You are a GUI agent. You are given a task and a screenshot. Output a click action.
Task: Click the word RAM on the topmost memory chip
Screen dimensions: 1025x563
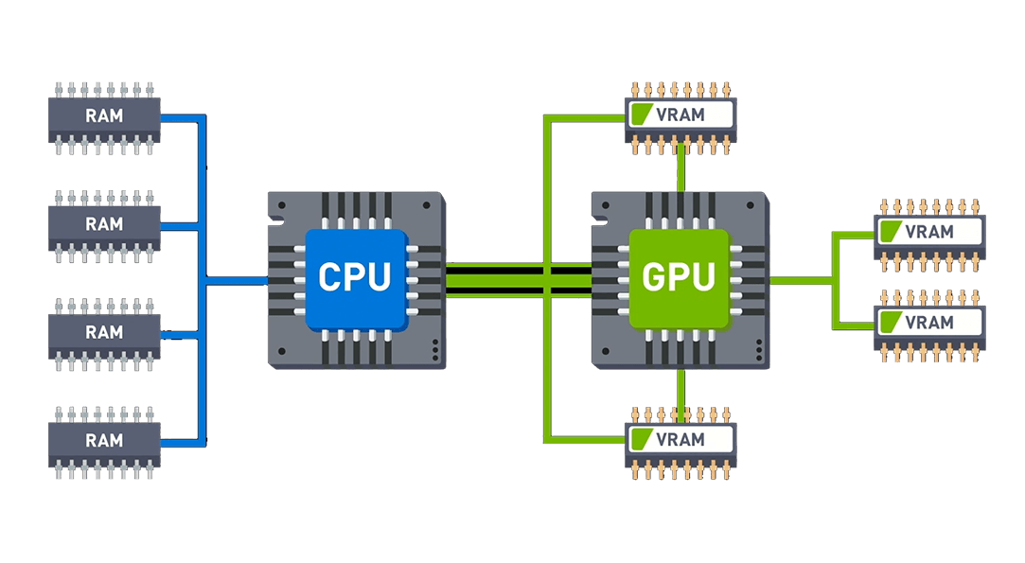[104, 115]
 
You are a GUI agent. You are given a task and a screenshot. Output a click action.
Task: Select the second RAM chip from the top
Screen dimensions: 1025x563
[104, 226]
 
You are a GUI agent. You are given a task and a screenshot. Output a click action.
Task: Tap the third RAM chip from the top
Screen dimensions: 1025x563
[104, 334]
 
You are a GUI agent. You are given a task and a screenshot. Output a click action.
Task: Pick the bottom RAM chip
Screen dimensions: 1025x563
[104, 443]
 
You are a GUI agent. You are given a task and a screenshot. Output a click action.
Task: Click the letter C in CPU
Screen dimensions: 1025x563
[330, 276]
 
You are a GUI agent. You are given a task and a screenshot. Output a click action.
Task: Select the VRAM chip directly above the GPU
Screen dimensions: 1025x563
[680, 118]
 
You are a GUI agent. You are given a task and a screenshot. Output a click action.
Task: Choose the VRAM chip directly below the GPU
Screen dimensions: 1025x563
[680, 444]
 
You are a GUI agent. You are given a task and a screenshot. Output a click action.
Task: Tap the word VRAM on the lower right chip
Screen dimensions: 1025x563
[928, 323]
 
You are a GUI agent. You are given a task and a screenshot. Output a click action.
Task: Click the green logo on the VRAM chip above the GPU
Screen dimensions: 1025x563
[642, 114]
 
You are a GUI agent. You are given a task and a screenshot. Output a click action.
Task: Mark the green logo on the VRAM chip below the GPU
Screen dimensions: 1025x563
[642, 439]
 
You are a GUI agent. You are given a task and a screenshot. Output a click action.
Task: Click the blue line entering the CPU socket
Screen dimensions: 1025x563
[237, 281]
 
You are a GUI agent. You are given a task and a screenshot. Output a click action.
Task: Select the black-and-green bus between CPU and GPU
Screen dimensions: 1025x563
[519, 280]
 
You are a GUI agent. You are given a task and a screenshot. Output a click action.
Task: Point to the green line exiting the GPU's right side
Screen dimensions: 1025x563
[801, 280]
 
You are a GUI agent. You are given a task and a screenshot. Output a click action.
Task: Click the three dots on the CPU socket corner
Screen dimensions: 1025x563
[435, 350]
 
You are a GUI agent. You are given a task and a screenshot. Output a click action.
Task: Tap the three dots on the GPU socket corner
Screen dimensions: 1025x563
[759, 350]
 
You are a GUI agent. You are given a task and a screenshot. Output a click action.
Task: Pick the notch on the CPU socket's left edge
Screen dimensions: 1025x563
[275, 221]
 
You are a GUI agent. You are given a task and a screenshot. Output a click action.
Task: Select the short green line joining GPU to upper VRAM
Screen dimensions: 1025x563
[680, 173]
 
